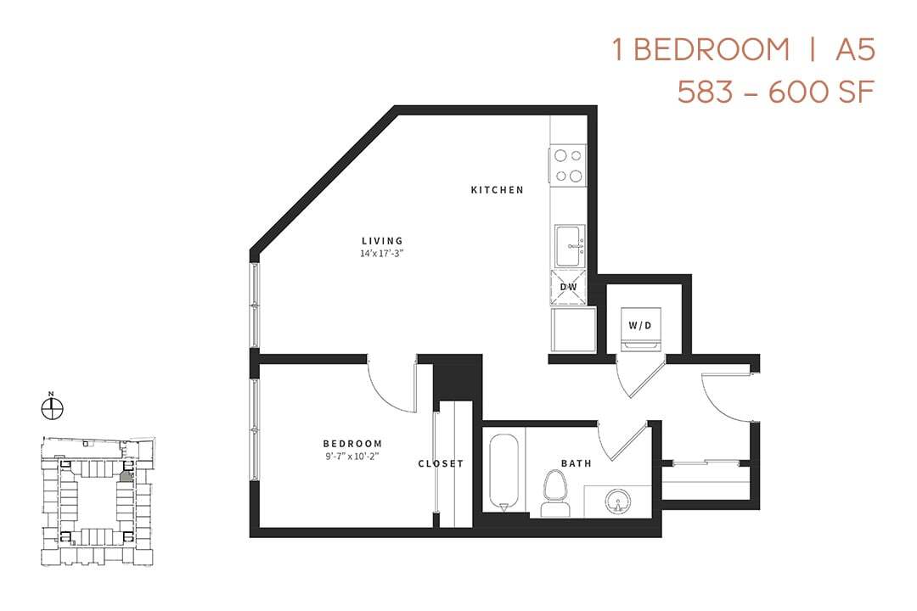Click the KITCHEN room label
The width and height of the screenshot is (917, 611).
point(497,190)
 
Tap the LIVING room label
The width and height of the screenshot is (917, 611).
point(381,241)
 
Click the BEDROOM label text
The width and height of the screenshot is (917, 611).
point(352,444)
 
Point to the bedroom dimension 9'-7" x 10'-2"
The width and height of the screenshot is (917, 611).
point(352,456)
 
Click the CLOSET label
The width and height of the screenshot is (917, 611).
point(441,463)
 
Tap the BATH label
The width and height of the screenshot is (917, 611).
point(577,463)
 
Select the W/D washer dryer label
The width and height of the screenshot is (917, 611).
point(640,325)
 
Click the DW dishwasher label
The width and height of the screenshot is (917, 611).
point(568,287)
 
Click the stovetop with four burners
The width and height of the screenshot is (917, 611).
point(568,165)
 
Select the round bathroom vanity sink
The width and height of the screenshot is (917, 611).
point(617,502)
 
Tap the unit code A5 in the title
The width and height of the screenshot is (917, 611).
point(854,50)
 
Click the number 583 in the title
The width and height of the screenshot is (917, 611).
point(704,91)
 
